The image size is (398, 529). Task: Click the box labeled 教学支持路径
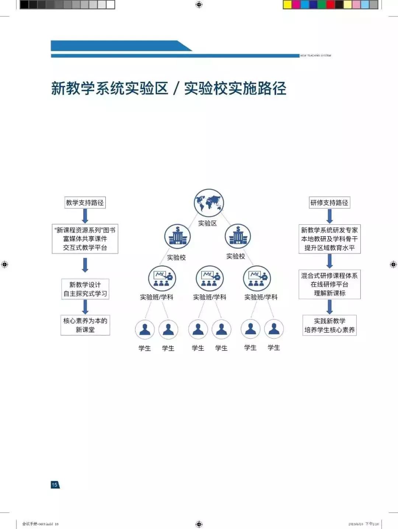point(85,203)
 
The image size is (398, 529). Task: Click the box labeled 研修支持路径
point(329,203)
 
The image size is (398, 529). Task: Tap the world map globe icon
point(209,202)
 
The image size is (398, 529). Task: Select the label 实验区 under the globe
point(207,223)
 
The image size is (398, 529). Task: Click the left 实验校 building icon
point(177,236)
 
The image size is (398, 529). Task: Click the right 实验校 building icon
point(238,236)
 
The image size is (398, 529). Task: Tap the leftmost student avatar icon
point(144,329)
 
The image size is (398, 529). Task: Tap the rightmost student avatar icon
point(274,329)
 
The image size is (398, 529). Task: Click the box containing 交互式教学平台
point(85,239)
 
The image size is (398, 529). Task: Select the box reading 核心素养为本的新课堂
point(85,325)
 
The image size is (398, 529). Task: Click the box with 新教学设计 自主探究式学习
point(85,289)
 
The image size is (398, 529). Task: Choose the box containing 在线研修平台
point(329,284)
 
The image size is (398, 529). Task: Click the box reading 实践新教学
point(329,325)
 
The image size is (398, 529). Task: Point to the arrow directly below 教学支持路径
point(85,216)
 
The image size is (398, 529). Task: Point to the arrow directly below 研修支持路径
point(329,216)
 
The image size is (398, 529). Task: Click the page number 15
point(55,485)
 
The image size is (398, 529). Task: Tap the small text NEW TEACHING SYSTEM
point(315,56)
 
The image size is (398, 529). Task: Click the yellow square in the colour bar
point(287,5)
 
